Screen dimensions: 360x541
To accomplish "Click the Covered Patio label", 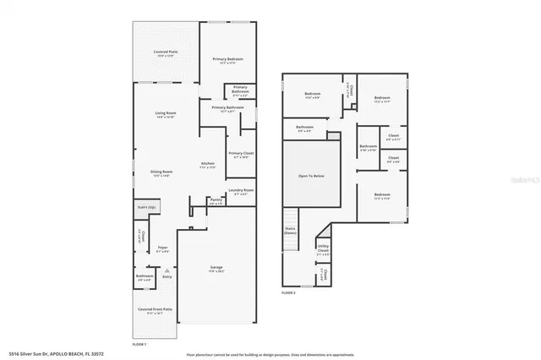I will [x=165, y=53].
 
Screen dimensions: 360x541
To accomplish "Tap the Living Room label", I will [x=165, y=113].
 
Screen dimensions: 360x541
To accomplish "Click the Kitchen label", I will [x=207, y=163].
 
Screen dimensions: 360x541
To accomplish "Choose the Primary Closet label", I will [x=241, y=154].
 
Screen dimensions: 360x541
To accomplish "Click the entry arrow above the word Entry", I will [x=167, y=270].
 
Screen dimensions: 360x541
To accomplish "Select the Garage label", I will [x=216, y=268].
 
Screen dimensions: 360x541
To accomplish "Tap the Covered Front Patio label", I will [x=155, y=309].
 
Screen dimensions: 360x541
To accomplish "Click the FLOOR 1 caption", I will [x=139, y=344].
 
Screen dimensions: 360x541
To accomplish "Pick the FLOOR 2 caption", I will [x=288, y=292].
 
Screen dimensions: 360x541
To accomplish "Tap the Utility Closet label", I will [x=323, y=250].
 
